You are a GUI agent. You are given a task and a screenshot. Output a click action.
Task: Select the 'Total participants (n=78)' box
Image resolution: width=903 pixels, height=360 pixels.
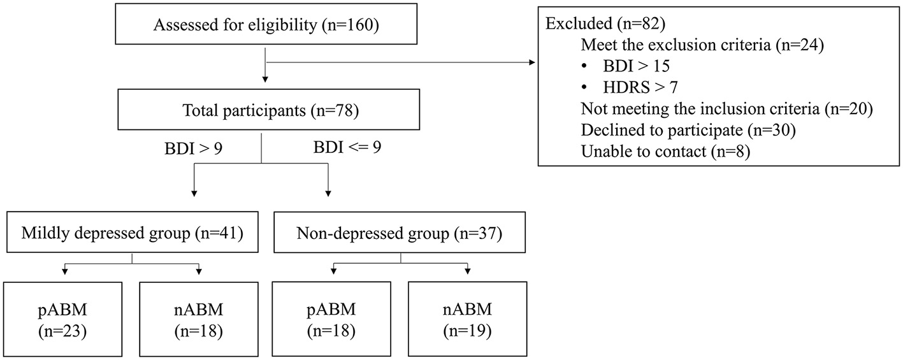pyautogui.click(x=264, y=112)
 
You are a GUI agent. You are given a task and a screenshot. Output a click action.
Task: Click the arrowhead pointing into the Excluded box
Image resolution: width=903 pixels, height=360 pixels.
pyautogui.click(x=533, y=62)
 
